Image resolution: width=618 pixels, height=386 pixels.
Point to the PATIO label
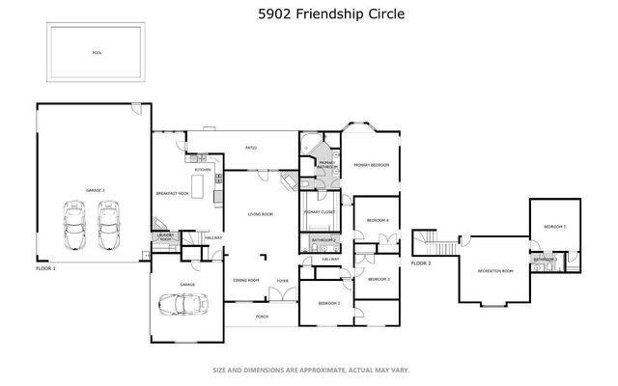(250, 148)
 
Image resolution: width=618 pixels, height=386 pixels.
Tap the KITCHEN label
(203, 170)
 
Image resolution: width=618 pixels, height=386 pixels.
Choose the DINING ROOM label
(246, 280)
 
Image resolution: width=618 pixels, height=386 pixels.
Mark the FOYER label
(282, 280)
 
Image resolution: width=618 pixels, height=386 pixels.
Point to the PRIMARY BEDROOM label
(371, 165)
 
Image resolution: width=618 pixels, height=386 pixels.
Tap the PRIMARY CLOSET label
(319, 211)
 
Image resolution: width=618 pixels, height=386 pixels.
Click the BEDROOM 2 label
(328, 303)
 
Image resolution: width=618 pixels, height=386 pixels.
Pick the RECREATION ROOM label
(494, 271)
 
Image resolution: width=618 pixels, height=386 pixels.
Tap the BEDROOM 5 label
(554, 226)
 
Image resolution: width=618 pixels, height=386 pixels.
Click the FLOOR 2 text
(421, 262)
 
